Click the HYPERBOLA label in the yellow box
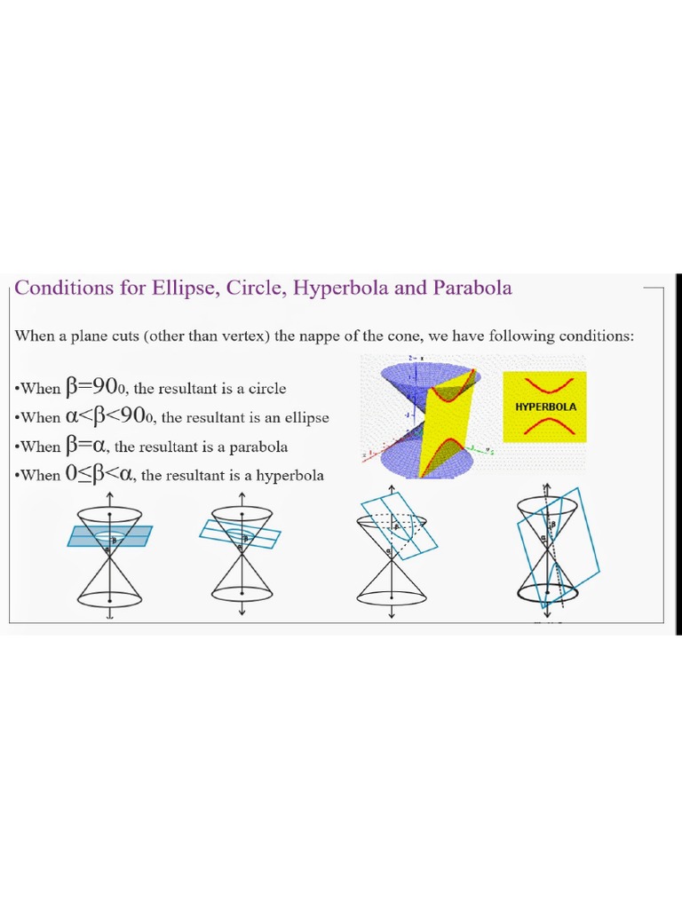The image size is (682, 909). [x=545, y=407]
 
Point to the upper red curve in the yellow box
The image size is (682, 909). [x=545, y=386]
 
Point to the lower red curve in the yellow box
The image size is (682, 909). [x=545, y=427]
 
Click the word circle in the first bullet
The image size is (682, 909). [x=267, y=389]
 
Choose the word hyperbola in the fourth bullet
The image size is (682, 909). [x=290, y=476]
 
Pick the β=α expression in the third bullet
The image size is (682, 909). [x=87, y=446]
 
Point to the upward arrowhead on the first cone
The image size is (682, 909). [x=109, y=494]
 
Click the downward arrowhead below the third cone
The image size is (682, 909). [x=391, y=615]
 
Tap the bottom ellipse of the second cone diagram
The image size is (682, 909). [x=242, y=597]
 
